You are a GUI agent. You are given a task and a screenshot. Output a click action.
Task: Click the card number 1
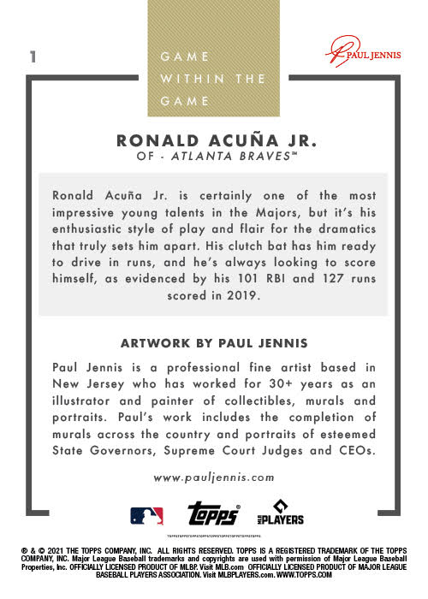pyautogui.click(x=32, y=57)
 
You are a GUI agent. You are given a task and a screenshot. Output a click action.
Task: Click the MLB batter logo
pyautogui.click(x=146, y=516)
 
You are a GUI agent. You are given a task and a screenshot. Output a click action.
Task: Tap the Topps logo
pyautogui.click(x=212, y=514)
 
